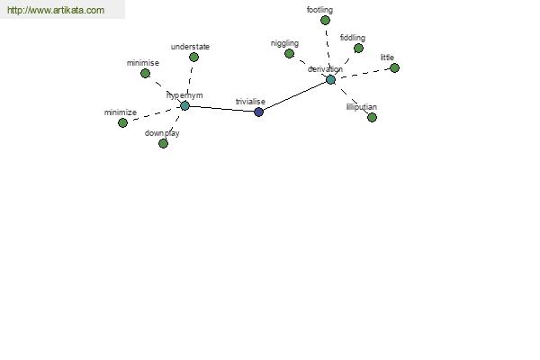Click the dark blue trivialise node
click(x=258, y=112)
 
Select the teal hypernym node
click(x=184, y=106)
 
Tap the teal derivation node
click(x=330, y=80)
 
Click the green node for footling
click(x=325, y=21)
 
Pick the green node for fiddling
click(x=358, y=49)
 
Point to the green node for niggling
click(x=289, y=53)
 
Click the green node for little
click(x=395, y=67)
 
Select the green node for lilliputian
click(x=372, y=118)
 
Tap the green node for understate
click(x=193, y=58)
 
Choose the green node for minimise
click(x=145, y=74)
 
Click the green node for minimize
click(x=122, y=122)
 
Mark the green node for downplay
click(x=163, y=143)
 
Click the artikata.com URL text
click(x=56, y=10)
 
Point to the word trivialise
click(x=250, y=102)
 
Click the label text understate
click(x=190, y=47)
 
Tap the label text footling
click(x=319, y=10)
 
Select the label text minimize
click(x=121, y=112)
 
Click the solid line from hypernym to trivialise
click(x=221, y=109)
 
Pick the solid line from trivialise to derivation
click(x=295, y=96)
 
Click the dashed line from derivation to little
click(x=363, y=74)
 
